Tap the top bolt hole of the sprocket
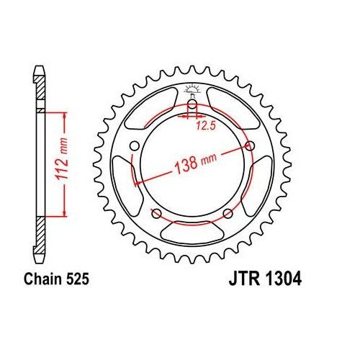pyautogui.click(x=193, y=109)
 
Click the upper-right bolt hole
pyautogui.click(x=250, y=145)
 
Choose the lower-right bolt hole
pyautogui.click(x=228, y=212)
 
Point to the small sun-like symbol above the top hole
pyautogui.click(x=193, y=89)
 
